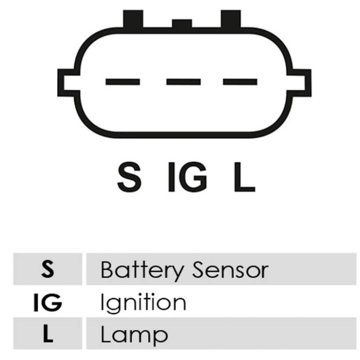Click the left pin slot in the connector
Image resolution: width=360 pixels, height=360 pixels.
tap(122, 82)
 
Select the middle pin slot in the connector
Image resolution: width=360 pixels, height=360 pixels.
tap(184, 82)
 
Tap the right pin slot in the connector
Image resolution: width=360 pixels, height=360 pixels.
tap(240, 82)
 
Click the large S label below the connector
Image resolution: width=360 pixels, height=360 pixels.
tap(129, 177)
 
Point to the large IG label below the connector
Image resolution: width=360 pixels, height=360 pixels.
tap(188, 177)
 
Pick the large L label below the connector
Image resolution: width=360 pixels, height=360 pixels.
tap(244, 177)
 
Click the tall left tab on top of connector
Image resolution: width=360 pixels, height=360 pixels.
tap(133, 19)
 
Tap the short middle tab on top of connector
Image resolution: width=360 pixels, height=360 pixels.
tap(182, 23)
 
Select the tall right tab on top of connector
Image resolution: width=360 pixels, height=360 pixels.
tap(231, 19)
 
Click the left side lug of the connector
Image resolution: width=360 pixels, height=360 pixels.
tap(67, 82)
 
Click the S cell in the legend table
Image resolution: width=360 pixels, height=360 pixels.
tap(48, 269)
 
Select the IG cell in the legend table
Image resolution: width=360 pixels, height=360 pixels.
tap(48, 302)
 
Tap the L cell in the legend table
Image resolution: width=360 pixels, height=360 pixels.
tap(48, 334)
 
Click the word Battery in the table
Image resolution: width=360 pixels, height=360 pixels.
tap(142, 271)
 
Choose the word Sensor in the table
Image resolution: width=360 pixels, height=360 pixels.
tap(230, 270)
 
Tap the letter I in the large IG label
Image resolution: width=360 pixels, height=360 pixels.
tap(171, 177)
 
